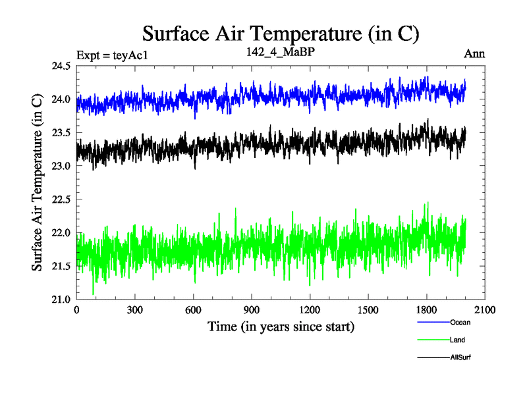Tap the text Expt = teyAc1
(112, 55)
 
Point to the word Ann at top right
(474, 54)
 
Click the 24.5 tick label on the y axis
(61, 66)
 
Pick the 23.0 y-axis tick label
(61, 166)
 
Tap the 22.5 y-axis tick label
(61, 199)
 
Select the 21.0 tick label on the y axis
(61, 299)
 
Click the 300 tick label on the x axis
(135, 310)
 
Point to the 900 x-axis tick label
(252, 310)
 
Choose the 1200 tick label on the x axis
(310, 310)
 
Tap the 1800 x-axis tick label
(426, 310)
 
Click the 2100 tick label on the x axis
(485, 310)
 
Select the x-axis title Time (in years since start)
(281, 326)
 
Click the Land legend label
(458, 340)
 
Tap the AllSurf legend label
(460, 357)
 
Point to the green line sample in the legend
(433, 340)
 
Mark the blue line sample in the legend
(433, 323)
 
